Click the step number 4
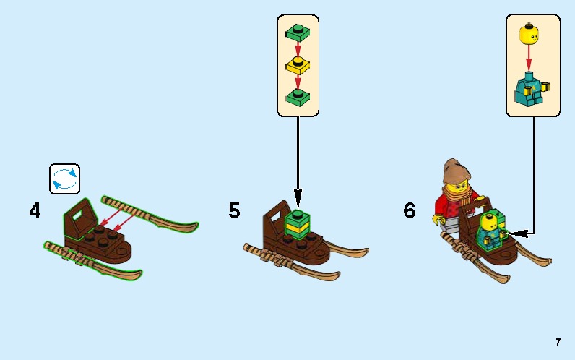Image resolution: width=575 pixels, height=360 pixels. (x=35, y=211)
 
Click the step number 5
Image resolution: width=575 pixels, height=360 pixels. (x=234, y=210)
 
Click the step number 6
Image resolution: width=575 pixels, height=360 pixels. (x=410, y=210)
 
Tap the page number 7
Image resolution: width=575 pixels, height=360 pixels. (x=558, y=342)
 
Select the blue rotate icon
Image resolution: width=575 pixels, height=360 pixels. (x=64, y=179)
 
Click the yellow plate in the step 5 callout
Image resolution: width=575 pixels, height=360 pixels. (x=298, y=65)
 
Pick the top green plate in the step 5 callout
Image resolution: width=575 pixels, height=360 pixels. (x=298, y=33)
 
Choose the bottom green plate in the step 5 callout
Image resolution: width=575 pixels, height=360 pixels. (x=298, y=98)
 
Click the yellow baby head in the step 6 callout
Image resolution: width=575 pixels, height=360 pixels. (x=529, y=34)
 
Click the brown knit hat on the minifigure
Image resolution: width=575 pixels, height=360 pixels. (x=457, y=171)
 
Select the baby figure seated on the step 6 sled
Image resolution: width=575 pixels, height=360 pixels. (x=492, y=231)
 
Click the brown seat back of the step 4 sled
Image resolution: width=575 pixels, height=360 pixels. (x=81, y=218)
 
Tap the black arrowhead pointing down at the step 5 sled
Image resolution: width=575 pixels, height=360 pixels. (x=298, y=198)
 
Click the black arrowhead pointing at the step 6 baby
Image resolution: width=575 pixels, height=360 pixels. (x=518, y=233)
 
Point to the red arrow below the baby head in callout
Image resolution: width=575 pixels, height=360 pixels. (x=529, y=58)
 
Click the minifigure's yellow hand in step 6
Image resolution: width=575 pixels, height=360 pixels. (x=438, y=219)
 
